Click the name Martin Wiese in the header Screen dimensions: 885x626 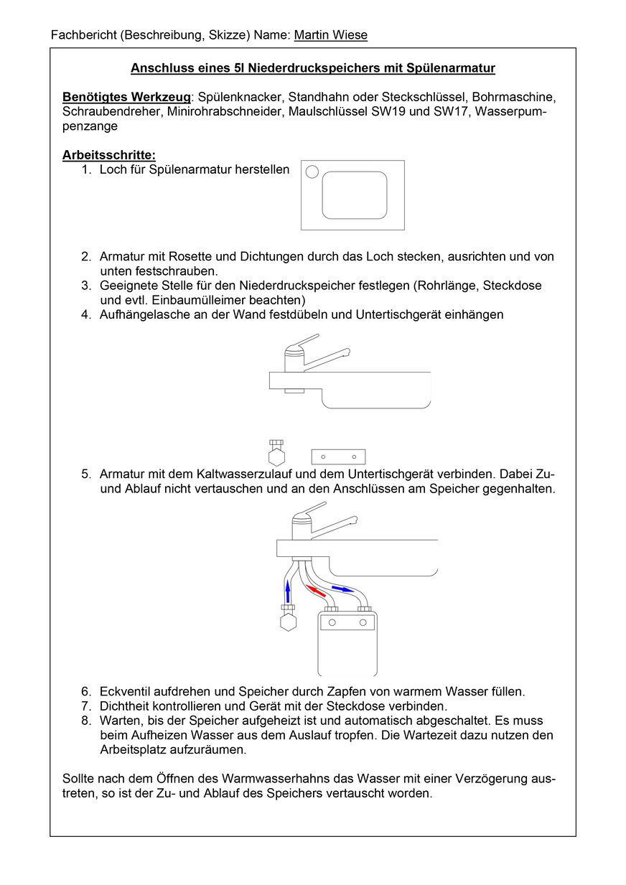tap(330, 35)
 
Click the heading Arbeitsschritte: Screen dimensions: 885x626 tap(109, 154)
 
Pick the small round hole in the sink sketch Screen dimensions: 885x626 tap(312, 172)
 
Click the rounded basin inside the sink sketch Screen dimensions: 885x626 tap(354, 195)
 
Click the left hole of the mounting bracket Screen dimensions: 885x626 tap(324, 456)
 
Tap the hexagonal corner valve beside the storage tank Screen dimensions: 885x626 tap(289, 621)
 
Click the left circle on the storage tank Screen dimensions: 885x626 tap(332, 623)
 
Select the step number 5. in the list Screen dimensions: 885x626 tap(86, 474)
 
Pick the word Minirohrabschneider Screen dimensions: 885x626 tap(225, 111)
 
